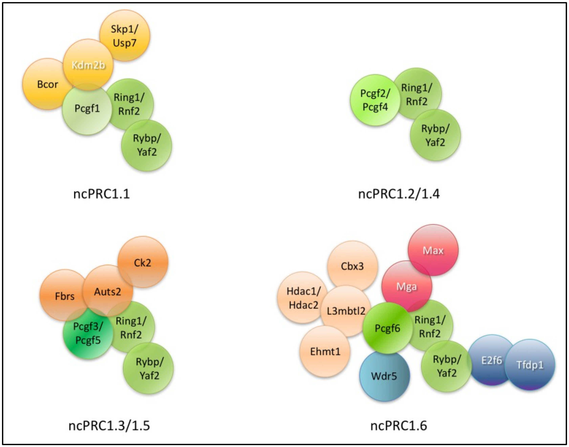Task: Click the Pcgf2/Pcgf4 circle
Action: (x=375, y=100)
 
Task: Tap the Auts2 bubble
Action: (x=107, y=291)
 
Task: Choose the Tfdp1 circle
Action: (x=530, y=365)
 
